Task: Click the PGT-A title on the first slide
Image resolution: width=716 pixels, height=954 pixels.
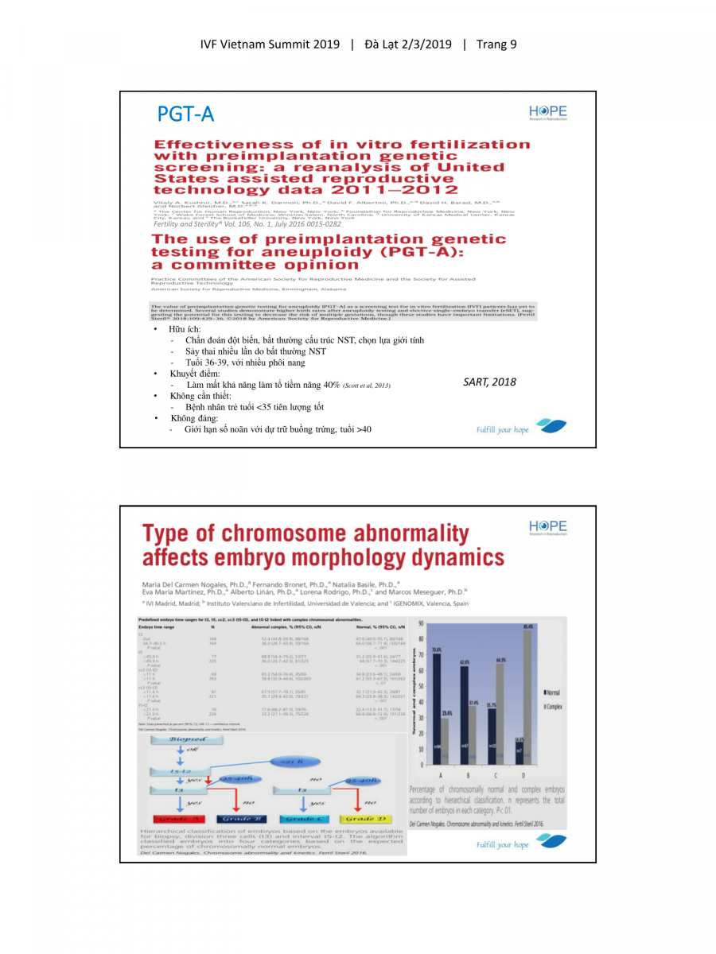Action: tap(185, 114)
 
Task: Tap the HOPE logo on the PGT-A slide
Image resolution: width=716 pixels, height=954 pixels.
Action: tap(547, 112)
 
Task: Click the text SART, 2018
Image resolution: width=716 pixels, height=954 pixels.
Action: tap(489, 382)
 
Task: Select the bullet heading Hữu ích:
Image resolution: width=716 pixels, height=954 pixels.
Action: tap(185, 328)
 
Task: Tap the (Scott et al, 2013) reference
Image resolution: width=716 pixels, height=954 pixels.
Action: tap(367, 386)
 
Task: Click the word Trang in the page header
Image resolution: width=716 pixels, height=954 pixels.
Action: tap(490, 44)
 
